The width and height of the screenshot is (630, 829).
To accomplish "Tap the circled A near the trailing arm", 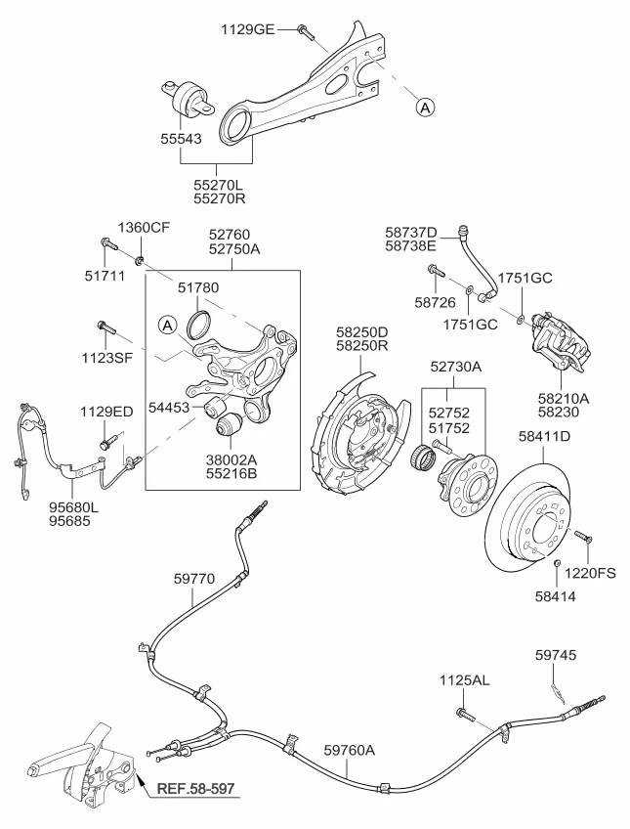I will (x=425, y=109).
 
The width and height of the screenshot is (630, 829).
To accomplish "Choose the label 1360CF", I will (x=145, y=228).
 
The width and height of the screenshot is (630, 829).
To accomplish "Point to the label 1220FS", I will (x=593, y=573).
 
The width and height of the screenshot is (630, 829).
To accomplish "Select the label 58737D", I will (x=411, y=232).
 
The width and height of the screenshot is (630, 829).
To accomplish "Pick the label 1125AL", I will (x=463, y=679).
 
